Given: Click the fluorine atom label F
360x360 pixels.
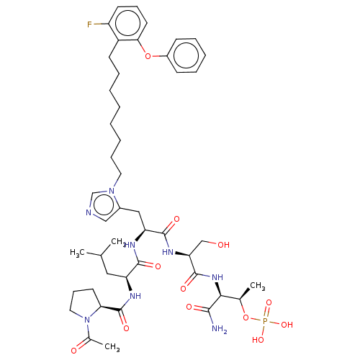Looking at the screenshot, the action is tap(89, 24).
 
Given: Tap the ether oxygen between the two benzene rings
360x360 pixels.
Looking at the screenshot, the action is tap(148, 56).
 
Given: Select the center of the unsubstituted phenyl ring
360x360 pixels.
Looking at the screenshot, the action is tap(186, 55).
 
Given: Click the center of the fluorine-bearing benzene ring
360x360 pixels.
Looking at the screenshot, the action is tap(127, 23).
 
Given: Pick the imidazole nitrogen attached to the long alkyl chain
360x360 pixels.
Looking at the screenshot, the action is tap(112, 191).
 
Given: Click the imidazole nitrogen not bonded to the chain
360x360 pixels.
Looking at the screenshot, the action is tap(89, 212).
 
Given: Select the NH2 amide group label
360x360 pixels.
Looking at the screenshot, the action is tap(220, 328).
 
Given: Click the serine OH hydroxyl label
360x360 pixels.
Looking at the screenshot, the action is tap(223, 245).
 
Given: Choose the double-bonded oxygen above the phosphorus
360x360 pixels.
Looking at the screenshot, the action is tap(269, 302).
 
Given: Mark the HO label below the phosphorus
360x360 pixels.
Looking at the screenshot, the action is tap(258, 340).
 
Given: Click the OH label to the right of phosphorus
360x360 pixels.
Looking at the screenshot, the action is tap(287, 325).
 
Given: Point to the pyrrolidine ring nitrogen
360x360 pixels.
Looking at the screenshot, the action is tap(87, 320).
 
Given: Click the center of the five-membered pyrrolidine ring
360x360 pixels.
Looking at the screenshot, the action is tap(84, 304).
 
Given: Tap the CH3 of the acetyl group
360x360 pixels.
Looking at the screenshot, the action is tap(112, 347).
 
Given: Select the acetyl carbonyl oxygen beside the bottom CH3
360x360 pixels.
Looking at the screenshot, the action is tap(74, 351).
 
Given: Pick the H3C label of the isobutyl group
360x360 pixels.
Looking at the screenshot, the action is tap(77, 253).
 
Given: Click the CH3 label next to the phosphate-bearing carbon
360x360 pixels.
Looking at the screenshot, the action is tap(258, 286).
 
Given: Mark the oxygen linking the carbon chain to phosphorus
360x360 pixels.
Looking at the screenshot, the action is tap(246, 318).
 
